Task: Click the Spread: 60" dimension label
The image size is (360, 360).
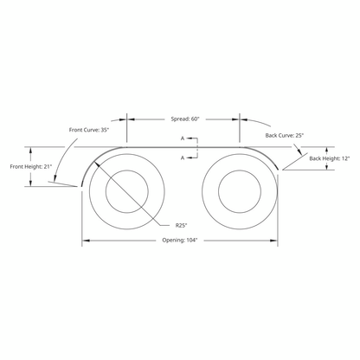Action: click(x=185, y=119)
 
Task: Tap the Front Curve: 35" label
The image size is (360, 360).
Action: click(x=89, y=130)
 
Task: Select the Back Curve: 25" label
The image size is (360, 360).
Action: click(x=285, y=135)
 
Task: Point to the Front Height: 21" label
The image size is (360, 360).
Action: click(x=31, y=167)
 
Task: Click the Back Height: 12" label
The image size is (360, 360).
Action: click(x=330, y=158)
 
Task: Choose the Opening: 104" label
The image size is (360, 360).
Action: click(x=180, y=240)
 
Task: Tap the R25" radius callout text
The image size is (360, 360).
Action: click(x=182, y=225)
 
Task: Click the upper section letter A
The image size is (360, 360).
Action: click(x=183, y=138)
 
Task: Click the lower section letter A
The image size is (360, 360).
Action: click(x=183, y=157)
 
